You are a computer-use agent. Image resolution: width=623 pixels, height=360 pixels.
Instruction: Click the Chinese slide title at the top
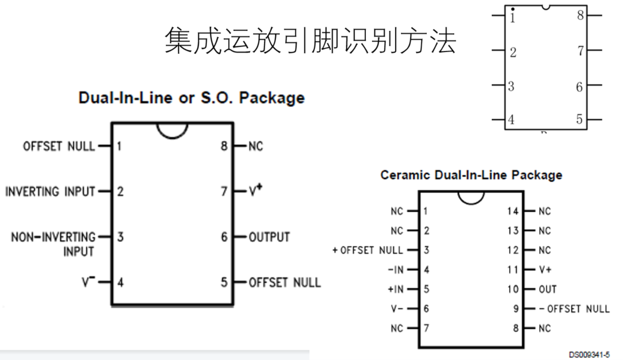click(310, 41)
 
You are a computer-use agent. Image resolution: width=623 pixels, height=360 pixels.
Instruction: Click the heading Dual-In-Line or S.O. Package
click(191, 98)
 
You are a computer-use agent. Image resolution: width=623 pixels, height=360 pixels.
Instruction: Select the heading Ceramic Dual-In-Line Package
click(471, 175)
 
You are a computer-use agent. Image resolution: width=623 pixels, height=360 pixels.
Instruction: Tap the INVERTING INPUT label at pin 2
click(50, 191)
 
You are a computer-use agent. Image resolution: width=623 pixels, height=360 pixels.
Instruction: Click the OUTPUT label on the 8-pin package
click(269, 237)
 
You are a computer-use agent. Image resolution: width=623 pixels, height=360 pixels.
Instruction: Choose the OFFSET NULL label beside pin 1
click(59, 146)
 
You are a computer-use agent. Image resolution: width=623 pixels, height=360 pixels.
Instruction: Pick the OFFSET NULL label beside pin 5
click(285, 282)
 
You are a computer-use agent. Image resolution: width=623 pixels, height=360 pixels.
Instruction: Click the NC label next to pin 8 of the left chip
click(255, 147)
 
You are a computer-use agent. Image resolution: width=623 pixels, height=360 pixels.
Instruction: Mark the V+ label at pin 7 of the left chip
click(255, 191)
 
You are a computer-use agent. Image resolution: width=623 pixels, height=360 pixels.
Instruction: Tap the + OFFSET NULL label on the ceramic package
click(368, 250)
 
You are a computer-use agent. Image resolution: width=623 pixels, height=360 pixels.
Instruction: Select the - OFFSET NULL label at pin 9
click(574, 309)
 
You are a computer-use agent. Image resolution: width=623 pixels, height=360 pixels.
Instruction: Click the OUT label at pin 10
click(547, 290)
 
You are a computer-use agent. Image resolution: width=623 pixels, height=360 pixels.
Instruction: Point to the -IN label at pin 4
click(395, 270)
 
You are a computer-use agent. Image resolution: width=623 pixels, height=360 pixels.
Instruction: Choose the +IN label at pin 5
click(395, 290)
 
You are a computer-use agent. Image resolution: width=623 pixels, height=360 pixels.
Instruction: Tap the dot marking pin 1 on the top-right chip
click(512, 9)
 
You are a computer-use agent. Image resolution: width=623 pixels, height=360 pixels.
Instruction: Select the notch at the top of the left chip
click(172, 130)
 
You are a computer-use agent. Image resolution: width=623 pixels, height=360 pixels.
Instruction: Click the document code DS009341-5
click(589, 355)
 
